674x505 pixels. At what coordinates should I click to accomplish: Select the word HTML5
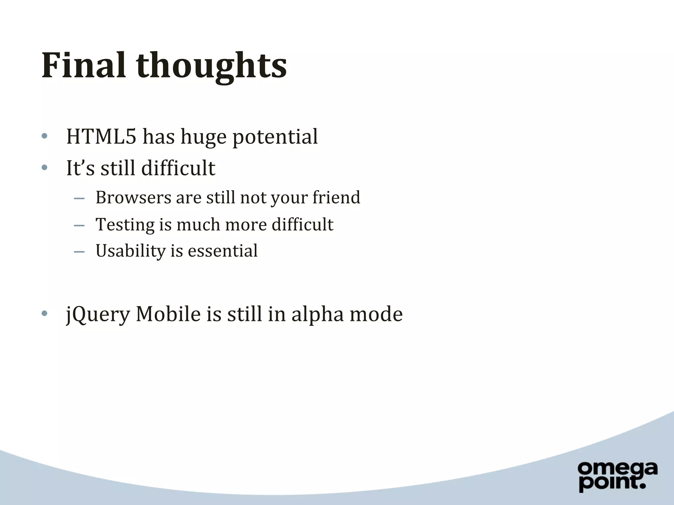click(x=101, y=136)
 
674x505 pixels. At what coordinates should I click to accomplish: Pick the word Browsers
click(x=133, y=198)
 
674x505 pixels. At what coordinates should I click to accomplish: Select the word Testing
click(x=125, y=225)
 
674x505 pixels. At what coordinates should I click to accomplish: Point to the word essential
click(x=222, y=251)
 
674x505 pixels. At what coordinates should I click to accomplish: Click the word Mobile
click(x=168, y=314)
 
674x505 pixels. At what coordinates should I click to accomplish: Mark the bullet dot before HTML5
click(x=45, y=136)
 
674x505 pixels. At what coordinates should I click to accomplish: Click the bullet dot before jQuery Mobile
click(x=45, y=313)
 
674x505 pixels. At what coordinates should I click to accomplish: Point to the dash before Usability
click(x=79, y=252)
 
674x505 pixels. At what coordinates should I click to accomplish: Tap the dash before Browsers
click(x=79, y=199)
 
